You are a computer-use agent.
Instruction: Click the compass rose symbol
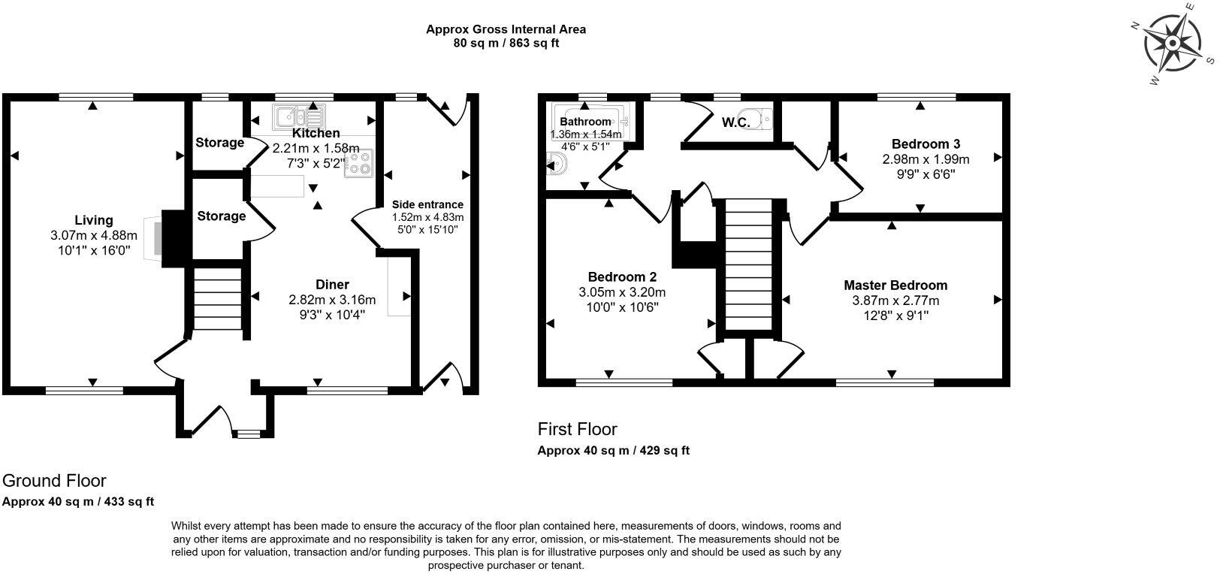click(1172, 44)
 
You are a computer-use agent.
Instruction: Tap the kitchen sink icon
click(298, 117)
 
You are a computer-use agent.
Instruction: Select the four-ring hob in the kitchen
click(358, 163)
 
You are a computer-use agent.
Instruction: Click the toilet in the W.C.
click(762, 119)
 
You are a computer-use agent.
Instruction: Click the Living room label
click(94, 220)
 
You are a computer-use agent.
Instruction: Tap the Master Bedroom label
click(895, 285)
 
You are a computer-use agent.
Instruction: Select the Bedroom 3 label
click(926, 144)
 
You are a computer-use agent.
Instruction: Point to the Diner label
click(332, 285)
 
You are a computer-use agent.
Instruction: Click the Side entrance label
click(427, 204)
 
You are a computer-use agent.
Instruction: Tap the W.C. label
click(736, 122)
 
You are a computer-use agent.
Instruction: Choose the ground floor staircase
click(217, 298)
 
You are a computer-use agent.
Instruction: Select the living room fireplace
click(169, 238)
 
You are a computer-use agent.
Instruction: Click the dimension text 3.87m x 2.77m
click(895, 301)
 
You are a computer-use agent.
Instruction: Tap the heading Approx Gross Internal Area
click(506, 29)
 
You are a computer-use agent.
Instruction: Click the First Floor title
click(577, 429)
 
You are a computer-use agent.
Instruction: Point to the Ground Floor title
click(54, 481)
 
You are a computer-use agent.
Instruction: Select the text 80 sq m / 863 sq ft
click(506, 44)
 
